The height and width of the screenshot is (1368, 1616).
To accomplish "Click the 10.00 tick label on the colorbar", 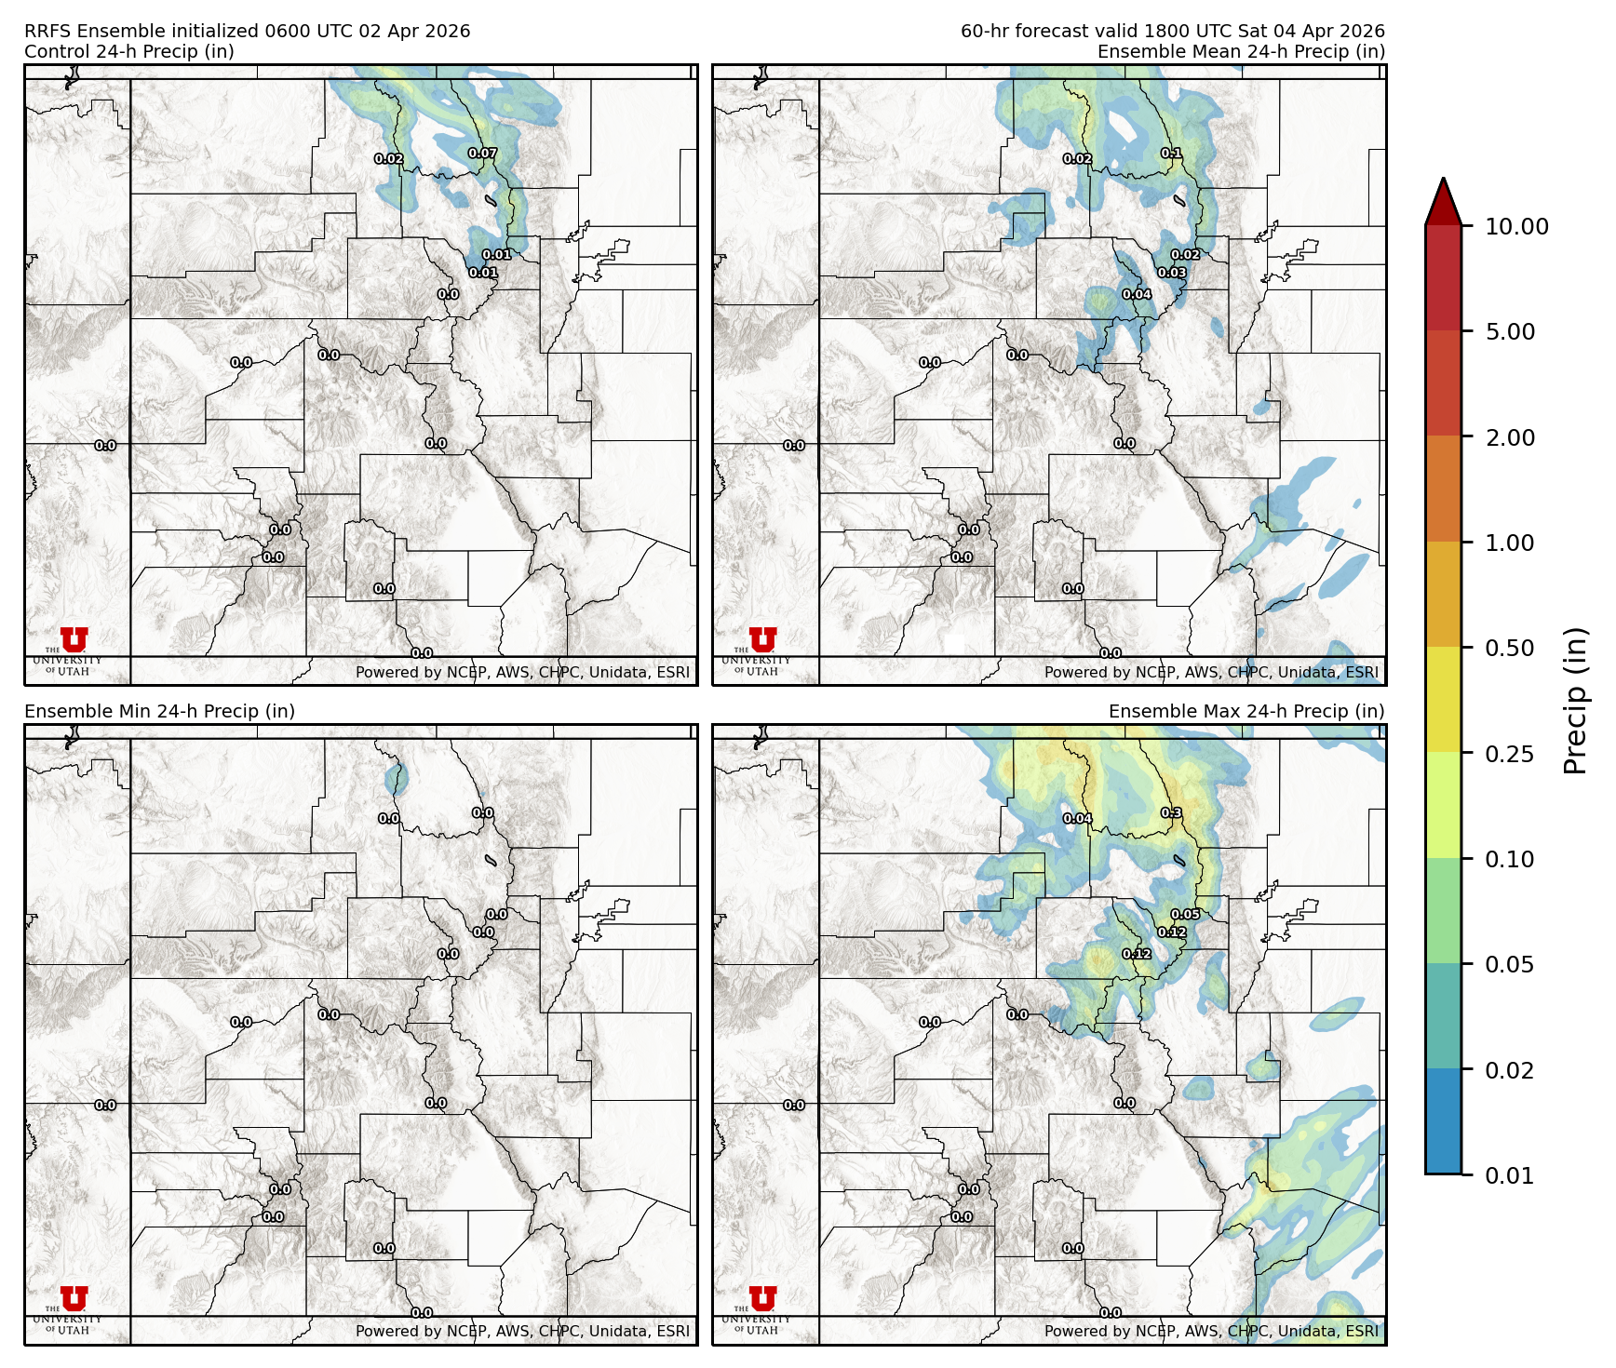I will pos(1516,226).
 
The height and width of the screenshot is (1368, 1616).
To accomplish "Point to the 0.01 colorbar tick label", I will pos(1509,1175).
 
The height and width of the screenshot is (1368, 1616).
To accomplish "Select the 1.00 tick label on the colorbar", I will pos(1509,543).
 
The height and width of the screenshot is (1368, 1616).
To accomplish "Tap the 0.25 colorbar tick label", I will pos(1509,754).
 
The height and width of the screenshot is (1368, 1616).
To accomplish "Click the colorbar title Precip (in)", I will pos(1575,701).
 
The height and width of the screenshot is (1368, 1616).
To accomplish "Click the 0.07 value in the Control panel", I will pos(482,154).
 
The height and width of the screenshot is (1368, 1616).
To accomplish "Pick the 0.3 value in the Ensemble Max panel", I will pos(1171,813).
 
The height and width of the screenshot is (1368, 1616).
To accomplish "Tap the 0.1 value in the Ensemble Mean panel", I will pos(1171,154).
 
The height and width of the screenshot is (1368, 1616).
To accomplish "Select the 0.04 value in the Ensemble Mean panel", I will pos(1137,294).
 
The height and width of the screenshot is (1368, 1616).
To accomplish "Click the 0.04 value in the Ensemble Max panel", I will pos(1077,819).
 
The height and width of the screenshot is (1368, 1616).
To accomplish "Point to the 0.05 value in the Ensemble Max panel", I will pos(1185,915).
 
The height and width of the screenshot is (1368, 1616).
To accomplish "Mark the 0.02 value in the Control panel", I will pos(389,159).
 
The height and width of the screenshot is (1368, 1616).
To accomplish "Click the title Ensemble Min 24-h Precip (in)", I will pos(159,711).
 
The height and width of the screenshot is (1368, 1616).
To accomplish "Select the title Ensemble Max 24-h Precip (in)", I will pos(1246,711).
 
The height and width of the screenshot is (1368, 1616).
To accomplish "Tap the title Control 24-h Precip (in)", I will pos(129,51).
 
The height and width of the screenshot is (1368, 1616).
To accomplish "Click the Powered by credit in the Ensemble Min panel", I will pos(522,1331).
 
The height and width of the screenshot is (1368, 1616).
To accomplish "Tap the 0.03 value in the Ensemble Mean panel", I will pos(1172,273).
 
